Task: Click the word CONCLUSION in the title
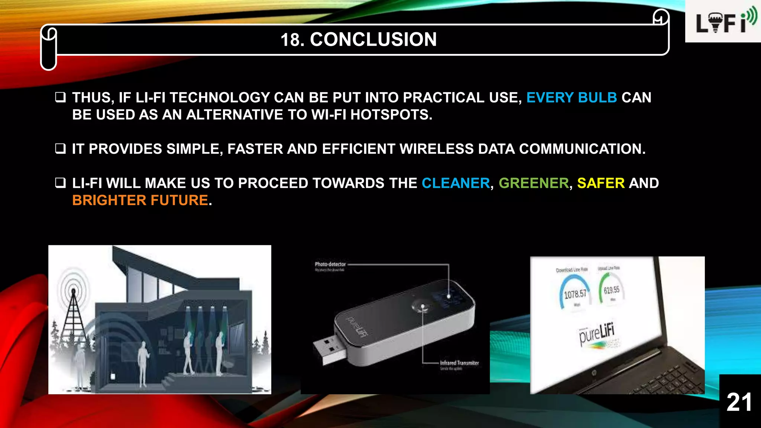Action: coord(373,39)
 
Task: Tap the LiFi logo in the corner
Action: coord(723,22)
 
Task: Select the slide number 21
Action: coord(739,402)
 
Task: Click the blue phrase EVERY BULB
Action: coord(571,97)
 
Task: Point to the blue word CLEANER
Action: coord(456,183)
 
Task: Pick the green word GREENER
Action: coord(534,183)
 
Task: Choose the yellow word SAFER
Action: coord(600,183)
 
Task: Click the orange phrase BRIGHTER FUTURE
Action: coord(140,200)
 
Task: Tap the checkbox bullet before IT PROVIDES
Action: coord(60,149)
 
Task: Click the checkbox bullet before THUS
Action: coord(60,98)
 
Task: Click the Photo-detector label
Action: coord(330,264)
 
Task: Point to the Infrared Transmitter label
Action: coord(459,363)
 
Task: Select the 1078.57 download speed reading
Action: coord(575,295)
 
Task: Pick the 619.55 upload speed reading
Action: coord(611,290)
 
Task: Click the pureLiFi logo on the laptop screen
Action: coord(596,333)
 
